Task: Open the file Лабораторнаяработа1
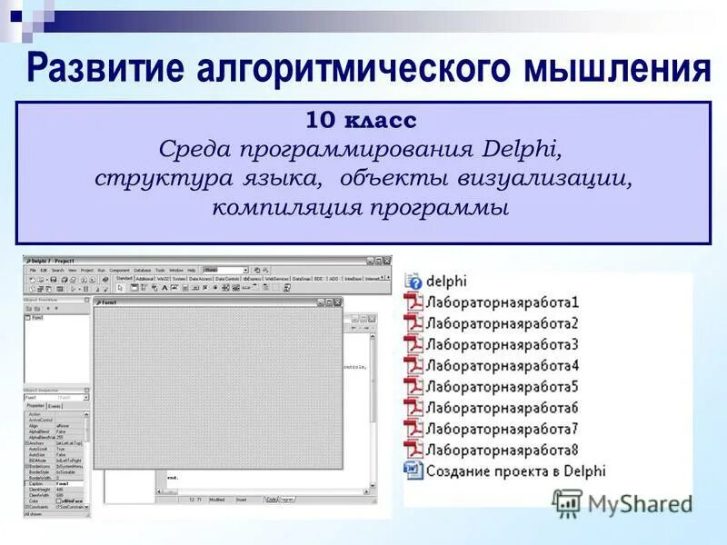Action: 502,302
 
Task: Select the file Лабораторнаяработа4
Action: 502,365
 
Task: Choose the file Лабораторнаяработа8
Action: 502,449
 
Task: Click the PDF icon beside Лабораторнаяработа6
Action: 413,407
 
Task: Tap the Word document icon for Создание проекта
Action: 413,470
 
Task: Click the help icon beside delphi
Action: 413,282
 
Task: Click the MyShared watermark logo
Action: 623,502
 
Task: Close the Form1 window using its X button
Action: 337,302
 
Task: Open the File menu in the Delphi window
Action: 32,270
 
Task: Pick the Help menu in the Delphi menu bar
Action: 191,270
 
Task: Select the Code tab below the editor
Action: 271,500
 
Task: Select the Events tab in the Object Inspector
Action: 55,406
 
